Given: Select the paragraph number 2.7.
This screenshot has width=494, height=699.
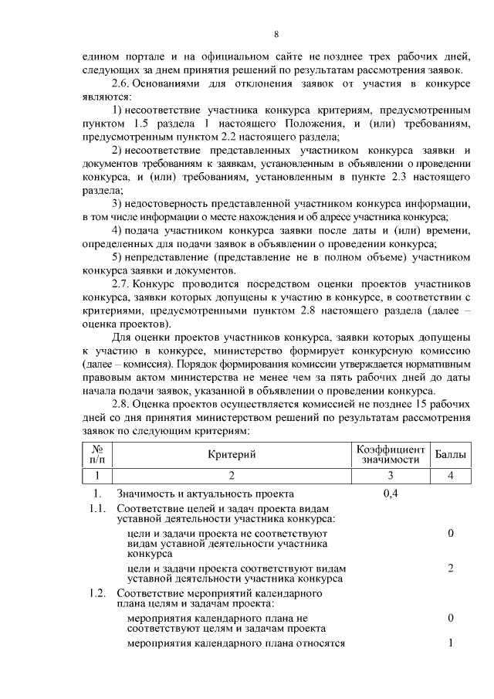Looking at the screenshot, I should (122, 285).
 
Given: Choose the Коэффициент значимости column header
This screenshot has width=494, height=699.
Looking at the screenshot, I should (390, 453).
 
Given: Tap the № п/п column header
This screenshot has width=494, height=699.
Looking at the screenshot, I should (97, 453).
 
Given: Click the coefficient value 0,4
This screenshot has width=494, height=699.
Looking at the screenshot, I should (391, 494).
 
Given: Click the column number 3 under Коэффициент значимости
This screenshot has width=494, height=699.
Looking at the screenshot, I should (391, 474).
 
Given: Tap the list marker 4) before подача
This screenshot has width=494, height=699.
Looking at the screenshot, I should (117, 230).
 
